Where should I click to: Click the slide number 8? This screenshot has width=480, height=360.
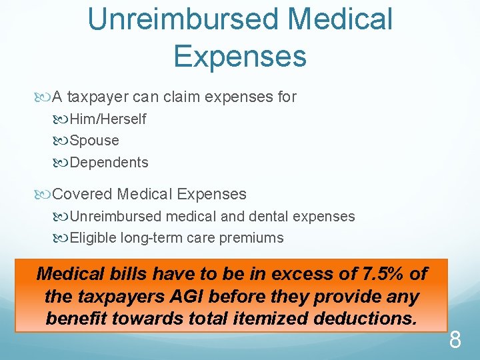(x=455, y=341)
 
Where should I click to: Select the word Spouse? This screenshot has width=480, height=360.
(x=94, y=141)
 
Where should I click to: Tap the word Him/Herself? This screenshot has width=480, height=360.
(x=108, y=119)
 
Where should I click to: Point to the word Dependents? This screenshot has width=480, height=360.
(x=109, y=162)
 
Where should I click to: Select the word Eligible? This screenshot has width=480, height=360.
(x=93, y=237)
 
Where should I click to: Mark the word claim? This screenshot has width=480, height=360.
(x=182, y=97)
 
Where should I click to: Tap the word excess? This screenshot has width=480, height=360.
(x=313, y=273)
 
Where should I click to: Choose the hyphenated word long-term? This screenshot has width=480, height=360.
(x=154, y=237)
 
